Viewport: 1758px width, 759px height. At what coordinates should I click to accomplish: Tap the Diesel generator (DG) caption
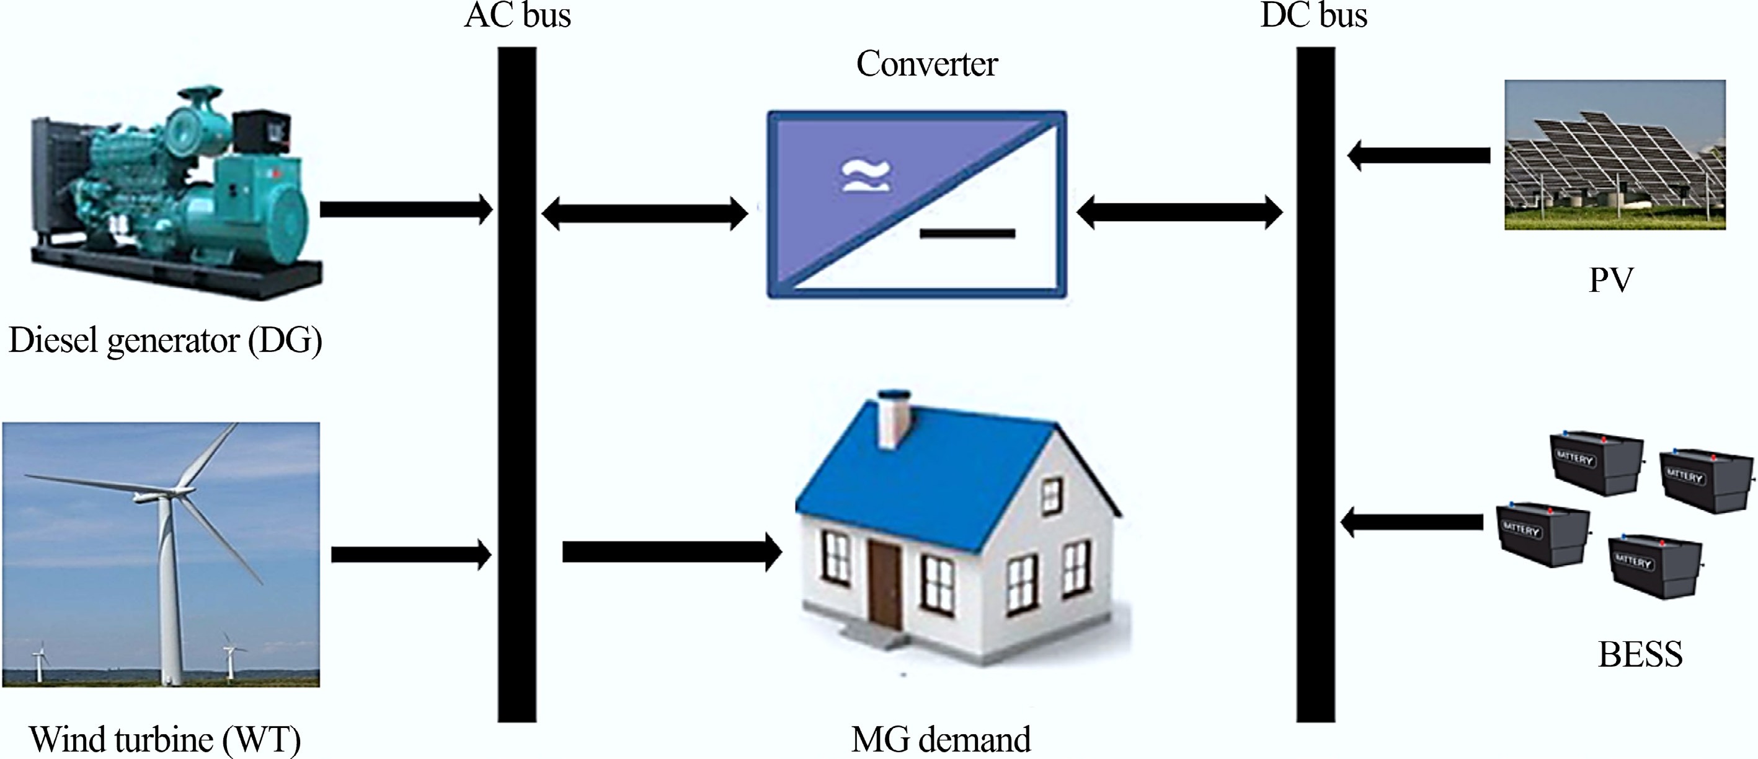pos(165,340)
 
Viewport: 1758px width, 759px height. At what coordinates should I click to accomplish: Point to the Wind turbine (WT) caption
pos(165,739)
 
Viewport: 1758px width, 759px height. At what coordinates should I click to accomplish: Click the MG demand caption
pos(941,739)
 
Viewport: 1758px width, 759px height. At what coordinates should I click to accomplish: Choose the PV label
pos(1611,279)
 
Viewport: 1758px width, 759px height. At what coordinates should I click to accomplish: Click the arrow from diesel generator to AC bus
pos(406,209)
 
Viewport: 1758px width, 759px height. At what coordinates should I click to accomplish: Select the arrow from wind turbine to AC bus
pos(411,554)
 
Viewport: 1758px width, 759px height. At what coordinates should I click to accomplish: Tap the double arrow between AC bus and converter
pos(644,213)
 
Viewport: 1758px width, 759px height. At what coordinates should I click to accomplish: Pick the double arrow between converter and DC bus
pos(1179,212)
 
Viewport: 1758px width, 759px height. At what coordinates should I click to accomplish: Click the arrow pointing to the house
pos(672,551)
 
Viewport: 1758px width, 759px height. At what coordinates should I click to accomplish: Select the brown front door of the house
pos(884,585)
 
